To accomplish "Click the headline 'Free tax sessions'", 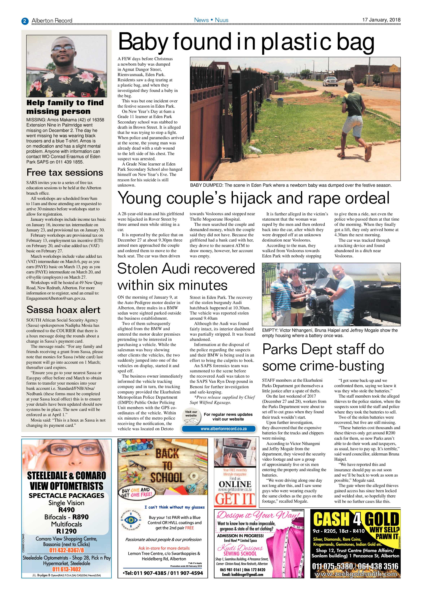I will pyautogui.click(x=65, y=173).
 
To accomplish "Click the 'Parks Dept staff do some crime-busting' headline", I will pyautogui.click(x=323, y=357).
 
